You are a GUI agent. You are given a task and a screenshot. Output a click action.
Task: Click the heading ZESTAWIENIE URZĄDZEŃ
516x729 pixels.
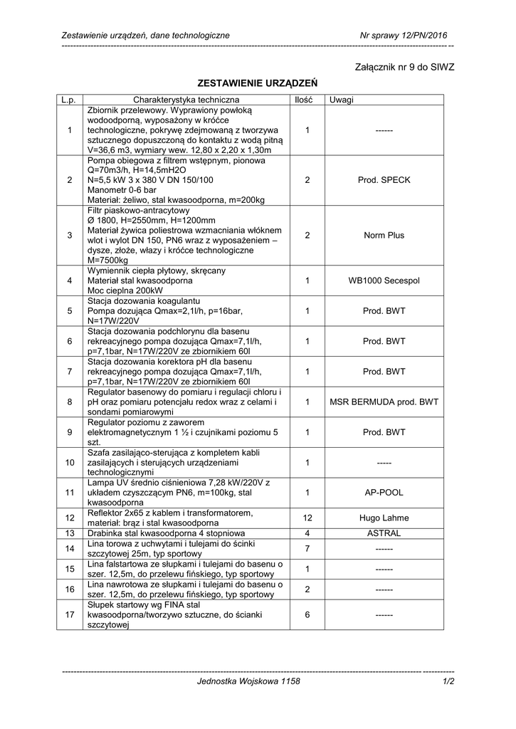(257, 84)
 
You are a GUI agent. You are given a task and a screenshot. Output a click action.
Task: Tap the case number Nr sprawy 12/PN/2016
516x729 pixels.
(404, 35)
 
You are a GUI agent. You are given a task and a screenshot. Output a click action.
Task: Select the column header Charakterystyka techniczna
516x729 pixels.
(186, 100)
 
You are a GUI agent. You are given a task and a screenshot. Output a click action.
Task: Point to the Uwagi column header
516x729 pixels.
(342, 100)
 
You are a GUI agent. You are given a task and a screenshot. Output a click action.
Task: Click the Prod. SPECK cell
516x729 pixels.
(384, 181)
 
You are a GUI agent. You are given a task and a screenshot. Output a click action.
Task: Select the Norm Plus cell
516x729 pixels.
(384, 236)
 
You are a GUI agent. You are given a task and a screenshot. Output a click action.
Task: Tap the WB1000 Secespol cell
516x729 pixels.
(384, 281)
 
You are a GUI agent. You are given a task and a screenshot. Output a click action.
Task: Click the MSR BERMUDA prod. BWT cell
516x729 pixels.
(384, 402)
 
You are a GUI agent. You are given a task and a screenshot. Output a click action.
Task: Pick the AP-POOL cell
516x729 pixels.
(384, 493)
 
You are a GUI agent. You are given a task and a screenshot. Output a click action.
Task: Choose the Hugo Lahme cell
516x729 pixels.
(384, 518)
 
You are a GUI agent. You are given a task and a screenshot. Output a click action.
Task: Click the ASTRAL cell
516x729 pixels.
(384, 533)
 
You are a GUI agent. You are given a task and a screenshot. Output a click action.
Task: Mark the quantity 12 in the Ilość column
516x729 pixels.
(307, 518)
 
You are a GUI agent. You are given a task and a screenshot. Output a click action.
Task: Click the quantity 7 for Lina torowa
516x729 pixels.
(307, 549)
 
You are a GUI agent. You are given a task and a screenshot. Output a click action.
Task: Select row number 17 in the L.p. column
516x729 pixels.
(70, 615)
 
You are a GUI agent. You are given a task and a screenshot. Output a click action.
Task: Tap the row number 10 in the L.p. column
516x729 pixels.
(70, 463)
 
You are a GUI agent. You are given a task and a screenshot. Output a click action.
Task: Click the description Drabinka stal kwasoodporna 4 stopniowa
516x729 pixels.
(166, 533)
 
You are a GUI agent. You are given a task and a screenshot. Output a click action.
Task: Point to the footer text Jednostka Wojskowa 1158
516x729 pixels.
(249, 681)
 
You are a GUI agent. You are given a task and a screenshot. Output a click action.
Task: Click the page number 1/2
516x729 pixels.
(448, 681)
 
